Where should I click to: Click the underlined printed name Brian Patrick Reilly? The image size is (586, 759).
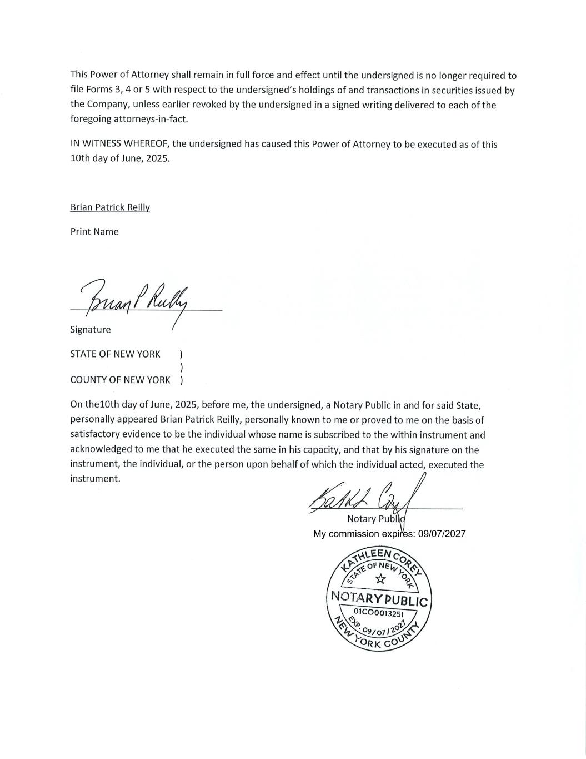[x=110, y=207]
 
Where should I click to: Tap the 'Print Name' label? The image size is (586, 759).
[x=94, y=232]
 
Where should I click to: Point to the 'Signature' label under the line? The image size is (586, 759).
[x=91, y=330]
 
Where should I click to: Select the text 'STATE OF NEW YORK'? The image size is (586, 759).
[x=115, y=354]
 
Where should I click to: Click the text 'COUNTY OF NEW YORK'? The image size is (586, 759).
[x=120, y=380]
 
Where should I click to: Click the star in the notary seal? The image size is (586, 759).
[x=380, y=579]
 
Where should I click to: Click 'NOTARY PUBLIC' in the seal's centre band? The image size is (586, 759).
[x=379, y=599]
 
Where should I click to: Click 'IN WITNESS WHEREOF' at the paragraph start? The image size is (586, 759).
[x=120, y=145]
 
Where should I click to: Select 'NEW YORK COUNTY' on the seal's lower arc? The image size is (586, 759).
[x=378, y=639]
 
